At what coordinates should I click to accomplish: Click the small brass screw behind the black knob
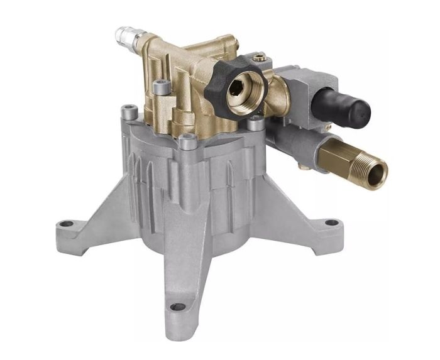click(256, 58)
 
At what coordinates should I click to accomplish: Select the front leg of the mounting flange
click(179, 276)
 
